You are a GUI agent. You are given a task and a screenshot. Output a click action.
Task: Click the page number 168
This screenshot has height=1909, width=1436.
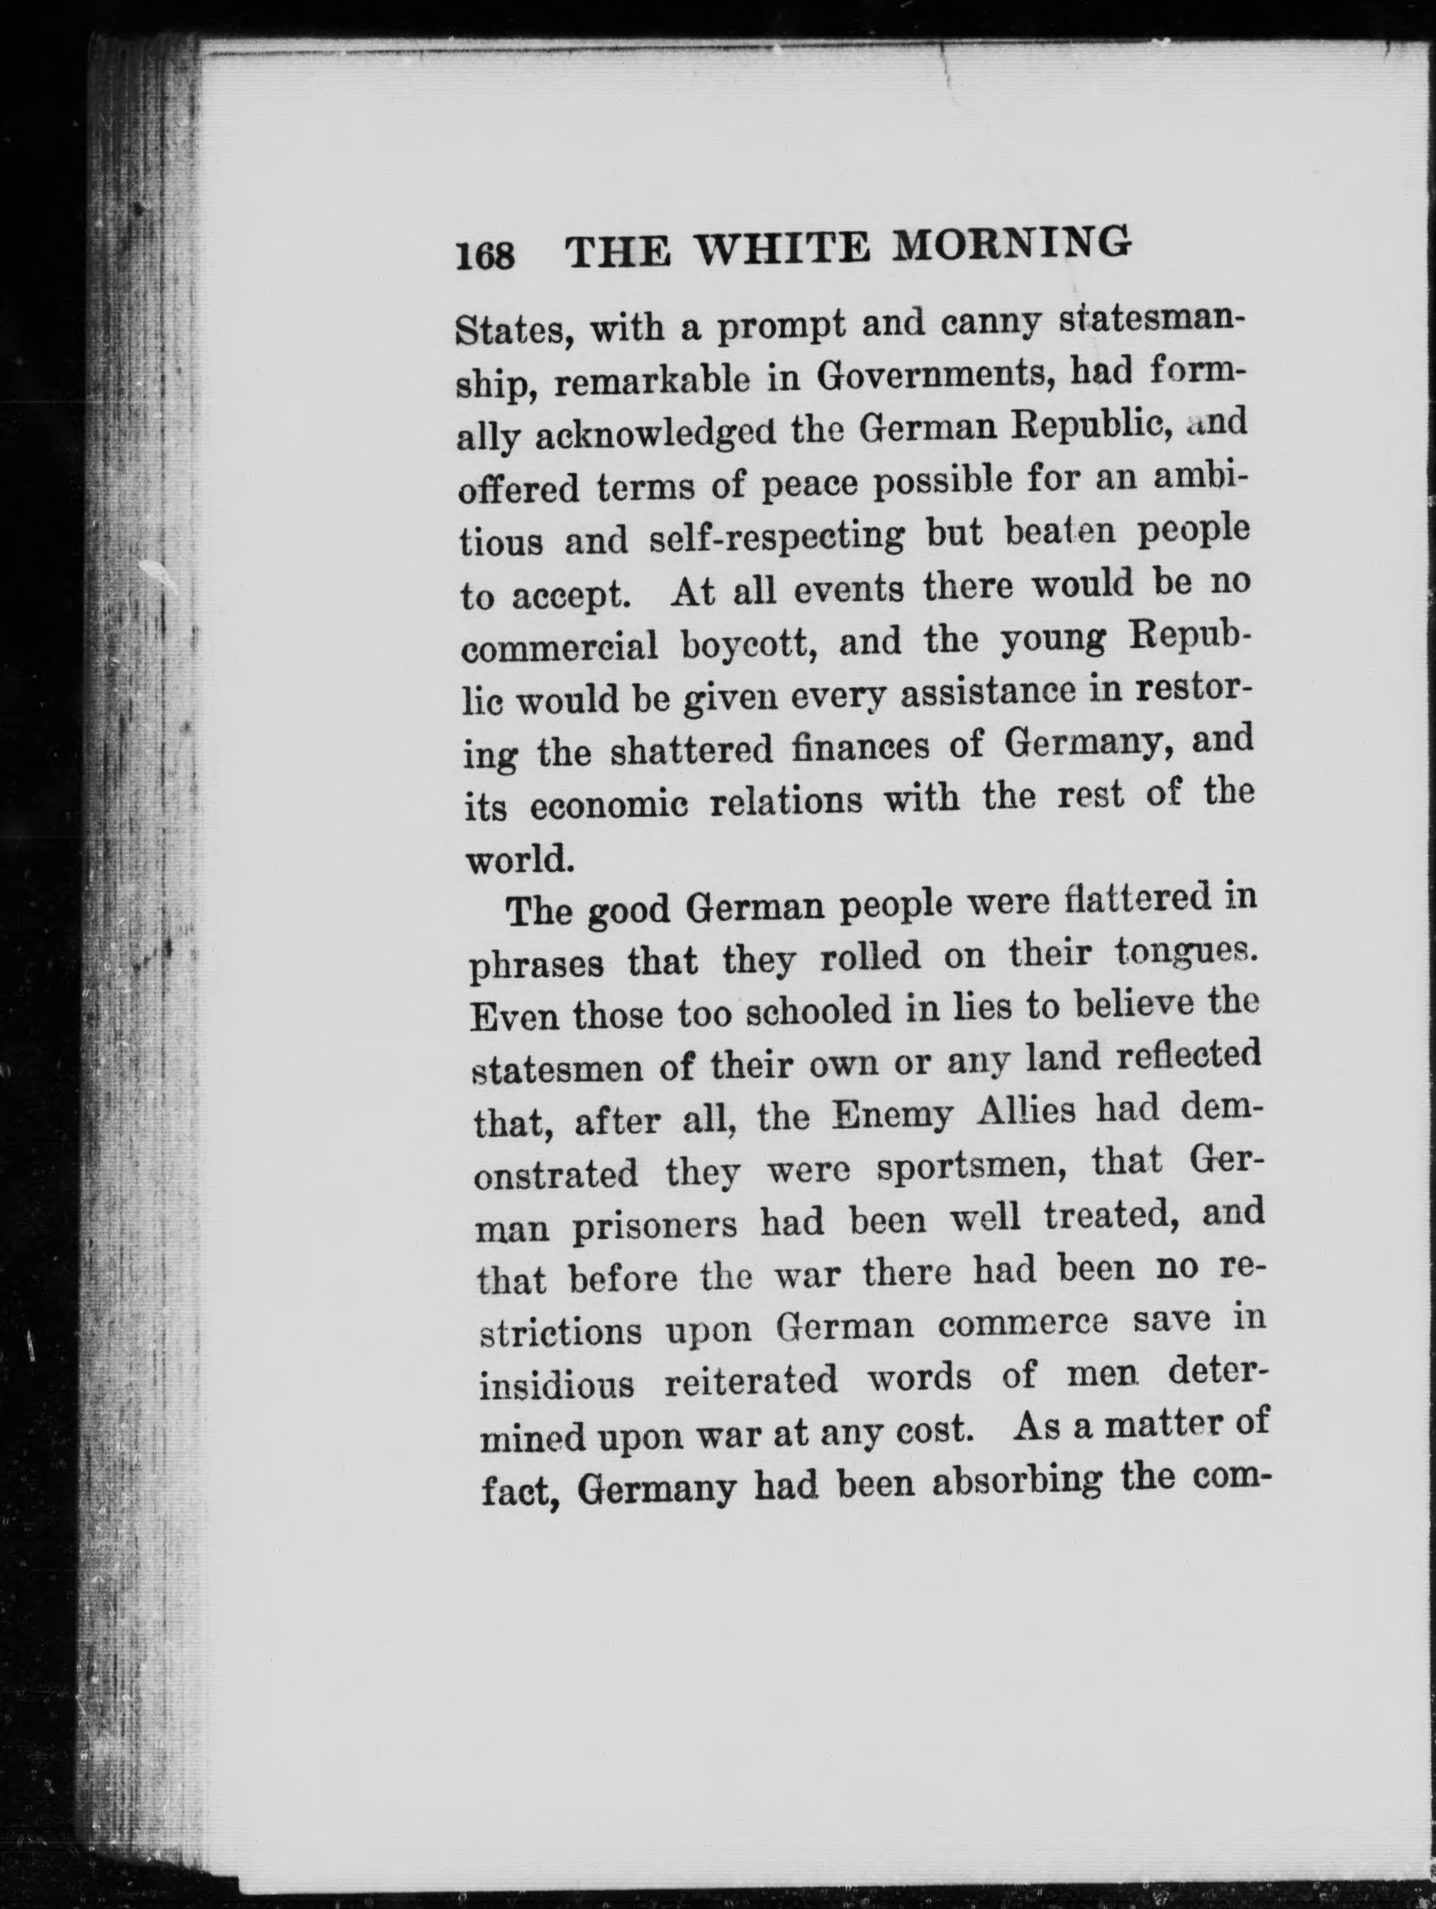(485, 256)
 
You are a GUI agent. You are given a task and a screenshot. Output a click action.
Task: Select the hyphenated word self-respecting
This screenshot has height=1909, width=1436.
(777, 538)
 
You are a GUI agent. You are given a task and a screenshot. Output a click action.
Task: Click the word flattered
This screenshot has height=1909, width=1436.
(1113, 899)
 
